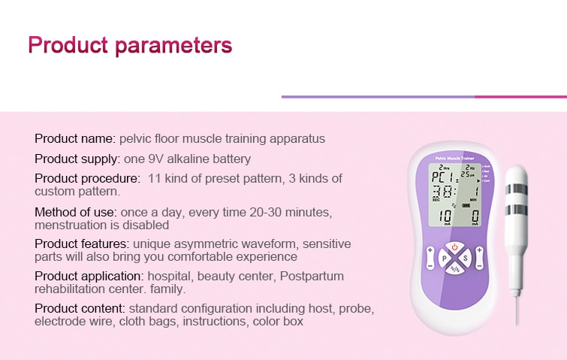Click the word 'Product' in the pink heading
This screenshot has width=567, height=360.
click(x=68, y=45)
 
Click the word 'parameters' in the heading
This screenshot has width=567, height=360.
click(x=173, y=47)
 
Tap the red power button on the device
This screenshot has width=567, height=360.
click(x=454, y=247)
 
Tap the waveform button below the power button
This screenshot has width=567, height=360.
click(x=455, y=269)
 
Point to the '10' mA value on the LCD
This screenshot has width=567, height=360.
click(x=445, y=216)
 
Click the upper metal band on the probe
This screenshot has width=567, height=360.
click(x=517, y=189)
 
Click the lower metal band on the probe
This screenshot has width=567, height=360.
click(x=517, y=210)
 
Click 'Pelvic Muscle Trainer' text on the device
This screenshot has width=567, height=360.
click(x=454, y=158)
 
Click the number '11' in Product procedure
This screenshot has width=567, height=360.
click(x=154, y=178)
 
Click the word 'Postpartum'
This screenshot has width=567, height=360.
click(x=312, y=277)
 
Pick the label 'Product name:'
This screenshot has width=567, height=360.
click(x=75, y=138)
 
